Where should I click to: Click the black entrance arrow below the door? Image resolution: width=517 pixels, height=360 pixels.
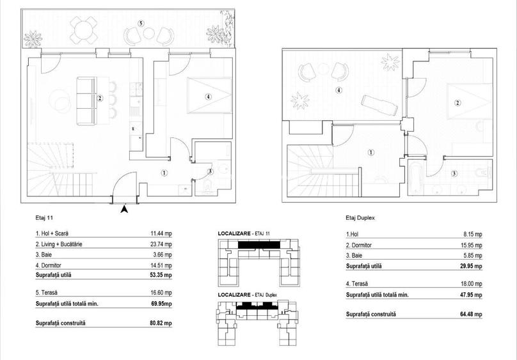click(125, 208)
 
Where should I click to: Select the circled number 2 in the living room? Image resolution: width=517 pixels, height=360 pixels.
click(100, 98)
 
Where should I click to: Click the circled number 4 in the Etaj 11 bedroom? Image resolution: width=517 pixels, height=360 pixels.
click(207, 97)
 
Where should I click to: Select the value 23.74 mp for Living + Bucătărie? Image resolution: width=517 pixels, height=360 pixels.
click(160, 244)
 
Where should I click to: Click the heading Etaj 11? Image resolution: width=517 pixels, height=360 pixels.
click(45, 218)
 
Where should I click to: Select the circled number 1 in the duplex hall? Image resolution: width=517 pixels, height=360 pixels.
click(371, 152)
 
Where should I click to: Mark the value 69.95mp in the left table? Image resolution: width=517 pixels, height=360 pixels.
click(160, 304)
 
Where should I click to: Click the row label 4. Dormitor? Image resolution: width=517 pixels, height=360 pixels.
click(53, 264)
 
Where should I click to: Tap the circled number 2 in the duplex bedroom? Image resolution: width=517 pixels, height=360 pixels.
click(457, 103)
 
